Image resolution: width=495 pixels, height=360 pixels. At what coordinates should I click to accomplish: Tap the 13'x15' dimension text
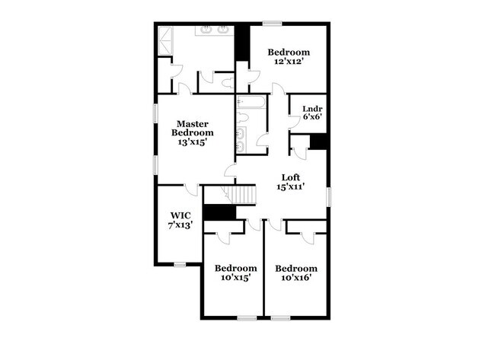tap(193, 142)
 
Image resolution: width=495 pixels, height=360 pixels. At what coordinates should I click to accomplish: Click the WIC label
tap(180, 215)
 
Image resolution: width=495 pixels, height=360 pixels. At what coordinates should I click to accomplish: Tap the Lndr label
tap(312, 108)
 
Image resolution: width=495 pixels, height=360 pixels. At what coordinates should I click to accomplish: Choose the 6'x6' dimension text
tap(312, 117)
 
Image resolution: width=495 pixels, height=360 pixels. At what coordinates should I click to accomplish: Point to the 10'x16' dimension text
tap(295, 278)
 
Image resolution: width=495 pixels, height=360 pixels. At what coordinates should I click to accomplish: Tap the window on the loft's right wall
tap(329, 196)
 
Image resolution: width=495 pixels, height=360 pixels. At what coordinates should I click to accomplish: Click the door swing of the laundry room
tap(293, 123)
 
